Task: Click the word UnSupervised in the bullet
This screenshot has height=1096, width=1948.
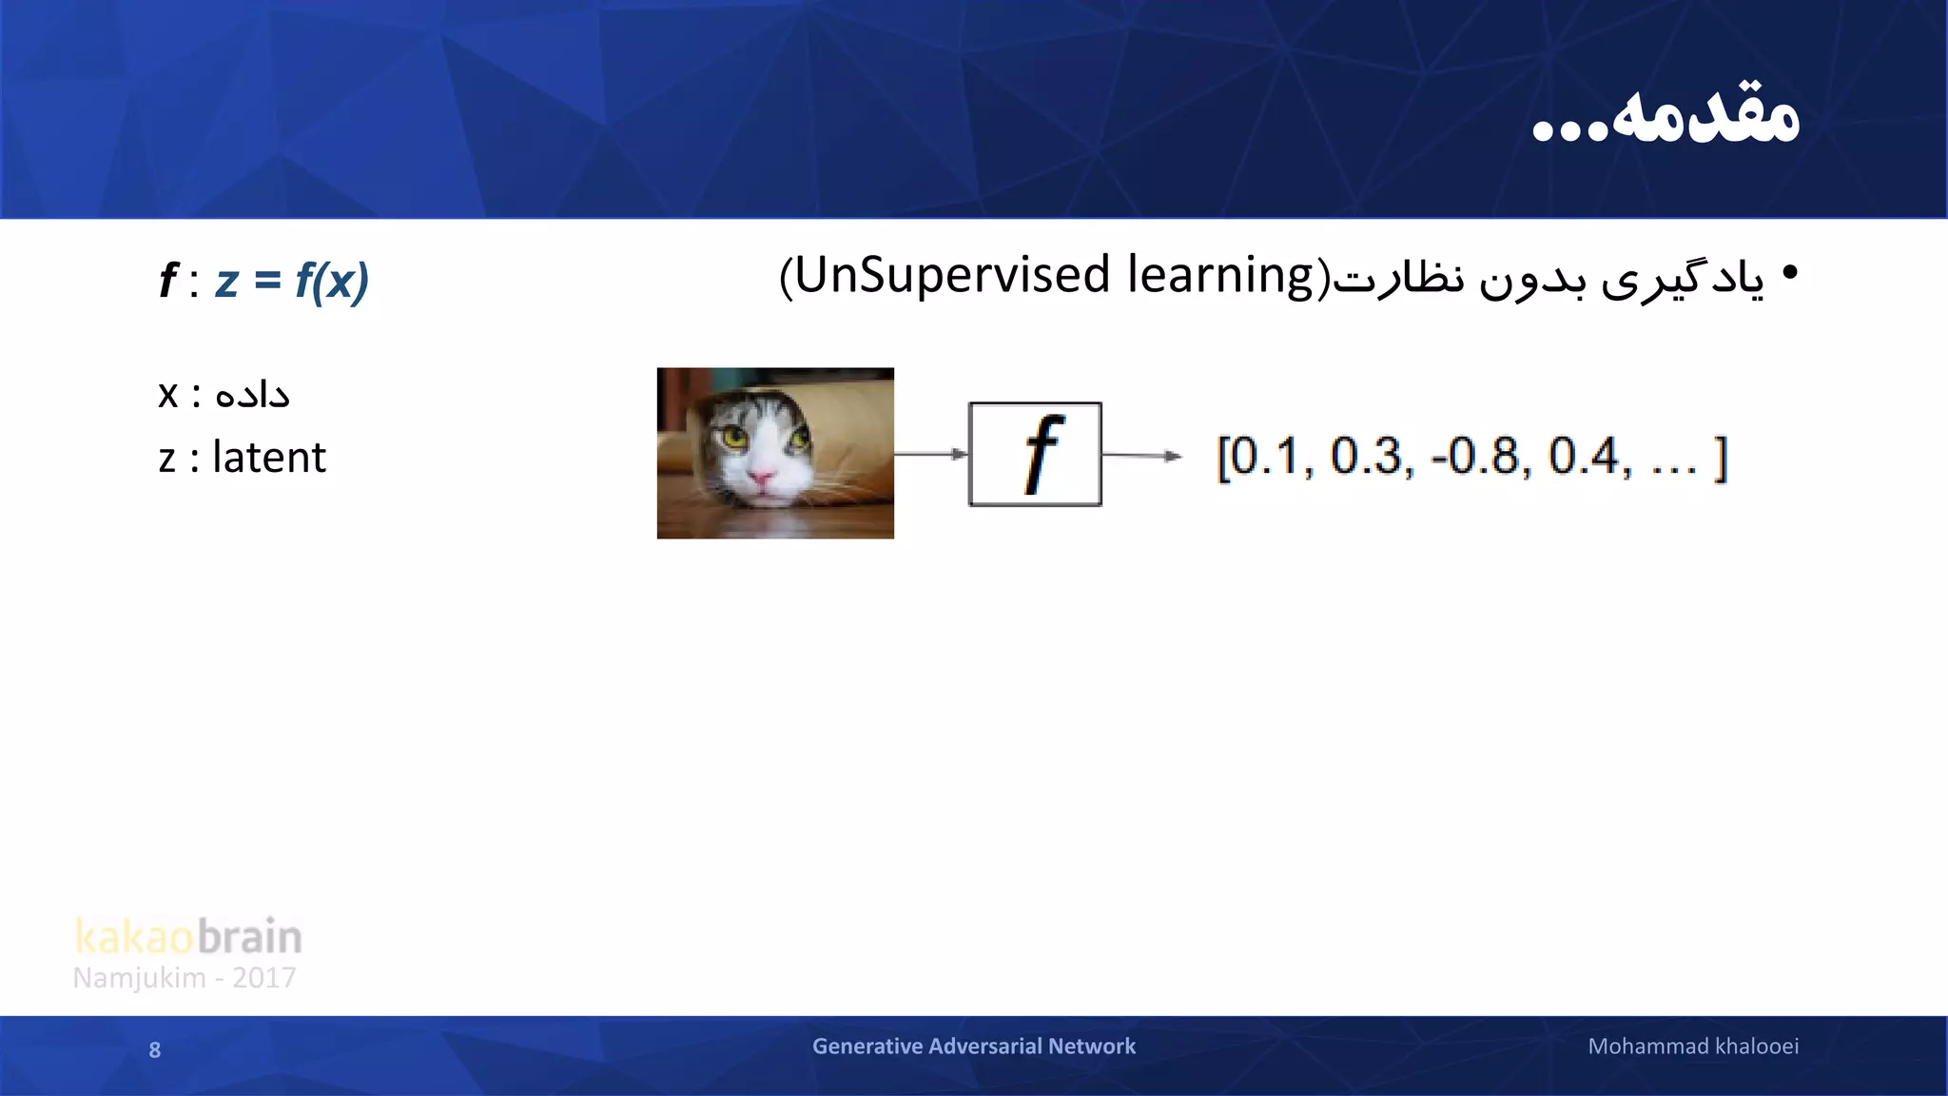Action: click(952, 276)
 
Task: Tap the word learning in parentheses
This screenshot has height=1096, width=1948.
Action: click(1220, 276)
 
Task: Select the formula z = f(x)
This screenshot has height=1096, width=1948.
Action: click(291, 281)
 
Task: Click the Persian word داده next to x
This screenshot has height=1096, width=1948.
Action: click(252, 394)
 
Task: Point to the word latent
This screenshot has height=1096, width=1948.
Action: click(269, 458)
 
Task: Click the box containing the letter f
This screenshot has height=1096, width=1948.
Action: click(1035, 455)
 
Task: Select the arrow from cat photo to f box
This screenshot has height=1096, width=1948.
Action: click(930, 454)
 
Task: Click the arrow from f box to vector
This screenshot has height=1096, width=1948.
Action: click(1141, 456)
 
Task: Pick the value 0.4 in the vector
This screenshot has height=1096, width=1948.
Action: click(1587, 457)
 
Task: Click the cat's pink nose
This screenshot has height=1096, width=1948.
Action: click(762, 478)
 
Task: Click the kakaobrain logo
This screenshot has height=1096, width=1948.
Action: click(188, 936)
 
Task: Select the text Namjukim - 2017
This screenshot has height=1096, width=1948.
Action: click(185, 978)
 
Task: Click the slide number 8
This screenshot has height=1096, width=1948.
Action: click(155, 1050)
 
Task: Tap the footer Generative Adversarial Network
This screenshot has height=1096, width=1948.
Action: click(973, 1047)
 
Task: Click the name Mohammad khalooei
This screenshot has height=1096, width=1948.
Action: click(1693, 1047)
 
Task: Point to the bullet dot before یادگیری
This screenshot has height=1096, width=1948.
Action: click(1790, 273)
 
